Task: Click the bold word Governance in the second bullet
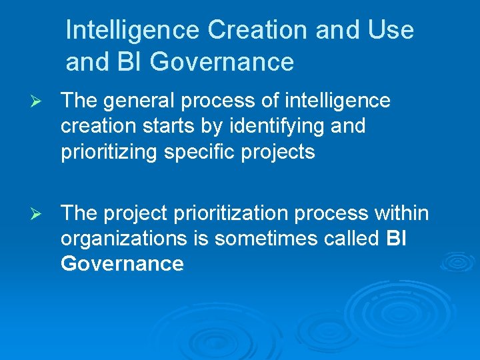[122, 264]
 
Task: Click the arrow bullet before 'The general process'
[37, 101]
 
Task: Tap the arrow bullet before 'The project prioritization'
[37, 214]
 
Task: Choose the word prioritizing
[107, 151]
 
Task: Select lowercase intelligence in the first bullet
[337, 101]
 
